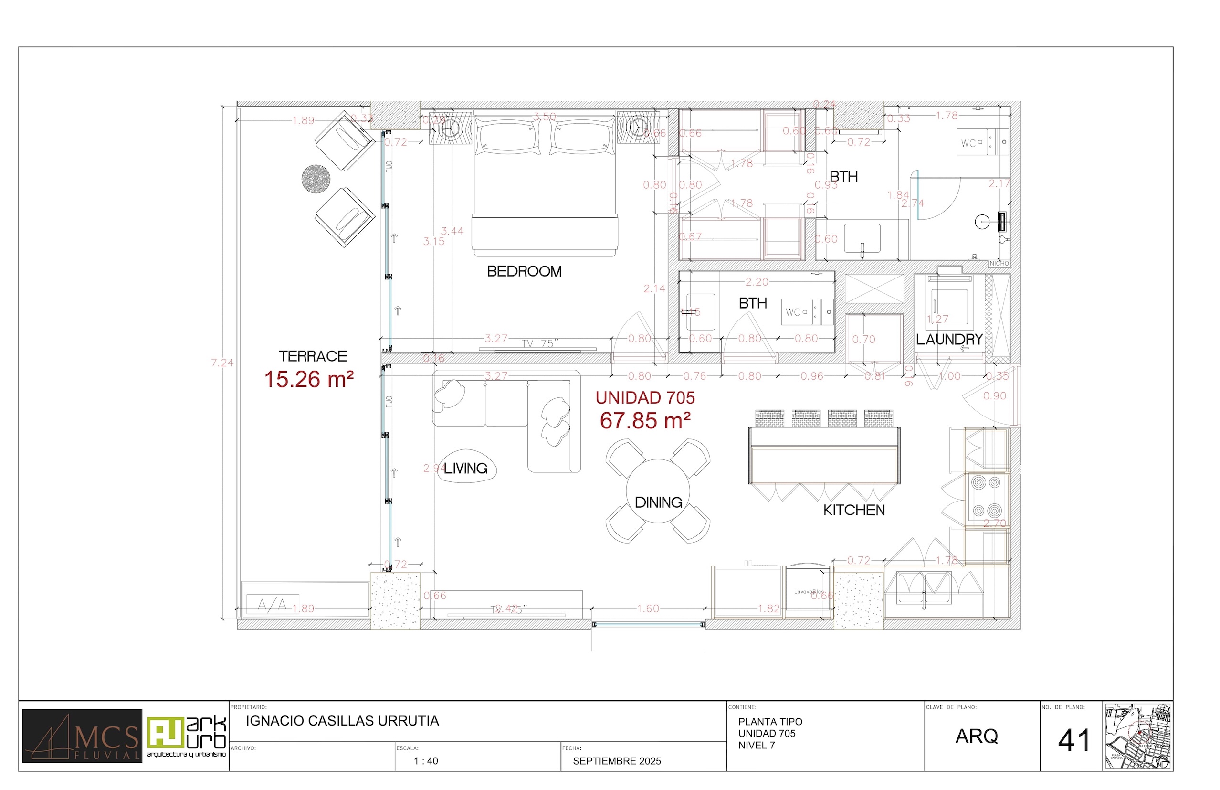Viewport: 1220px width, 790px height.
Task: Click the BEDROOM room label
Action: pyautogui.click(x=524, y=271)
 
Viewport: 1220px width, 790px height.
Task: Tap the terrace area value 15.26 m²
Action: pyautogui.click(x=309, y=380)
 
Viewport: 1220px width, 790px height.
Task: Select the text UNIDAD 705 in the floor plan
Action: pyautogui.click(x=645, y=397)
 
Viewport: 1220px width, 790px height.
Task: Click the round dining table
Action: pyautogui.click(x=658, y=491)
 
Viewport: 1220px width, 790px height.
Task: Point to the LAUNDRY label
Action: pyautogui.click(x=949, y=339)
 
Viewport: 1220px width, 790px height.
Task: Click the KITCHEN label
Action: pyautogui.click(x=854, y=510)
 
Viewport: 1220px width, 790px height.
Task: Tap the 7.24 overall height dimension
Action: pyautogui.click(x=222, y=363)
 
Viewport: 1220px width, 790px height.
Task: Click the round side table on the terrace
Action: pyautogui.click(x=316, y=179)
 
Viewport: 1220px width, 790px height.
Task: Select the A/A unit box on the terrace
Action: pyautogui.click(x=273, y=604)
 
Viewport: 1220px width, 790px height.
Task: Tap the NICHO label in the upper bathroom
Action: pyautogui.click(x=999, y=263)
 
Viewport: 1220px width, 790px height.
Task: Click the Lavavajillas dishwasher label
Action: pyautogui.click(x=809, y=591)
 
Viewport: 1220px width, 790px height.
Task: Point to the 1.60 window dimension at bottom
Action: pyautogui.click(x=648, y=609)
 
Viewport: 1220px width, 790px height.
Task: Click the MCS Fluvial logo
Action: pyautogui.click(x=82, y=736)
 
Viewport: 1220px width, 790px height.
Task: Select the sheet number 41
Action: pyautogui.click(x=1073, y=740)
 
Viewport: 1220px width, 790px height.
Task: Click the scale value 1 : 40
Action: pyautogui.click(x=425, y=761)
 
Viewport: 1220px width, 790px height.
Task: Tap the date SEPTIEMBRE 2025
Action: pyautogui.click(x=617, y=761)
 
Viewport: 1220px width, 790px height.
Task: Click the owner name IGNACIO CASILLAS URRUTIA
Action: pyautogui.click(x=342, y=721)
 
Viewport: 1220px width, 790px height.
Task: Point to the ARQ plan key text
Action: pyautogui.click(x=977, y=736)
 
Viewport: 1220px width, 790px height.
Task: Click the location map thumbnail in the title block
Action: pyautogui.click(x=1137, y=736)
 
